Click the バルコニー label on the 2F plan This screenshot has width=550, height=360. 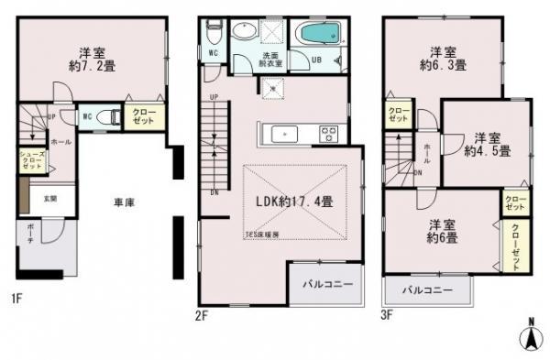[x=327, y=286]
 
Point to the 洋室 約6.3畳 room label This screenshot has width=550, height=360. [x=444, y=58]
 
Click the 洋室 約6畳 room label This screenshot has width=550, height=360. [x=442, y=231]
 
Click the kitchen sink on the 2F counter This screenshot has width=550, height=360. [x=285, y=134]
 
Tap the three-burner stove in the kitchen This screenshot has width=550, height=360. [x=328, y=134]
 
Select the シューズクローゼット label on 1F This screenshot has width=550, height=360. [x=31, y=161]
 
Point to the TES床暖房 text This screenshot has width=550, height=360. [x=263, y=235]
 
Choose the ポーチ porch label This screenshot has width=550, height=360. [x=29, y=229]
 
